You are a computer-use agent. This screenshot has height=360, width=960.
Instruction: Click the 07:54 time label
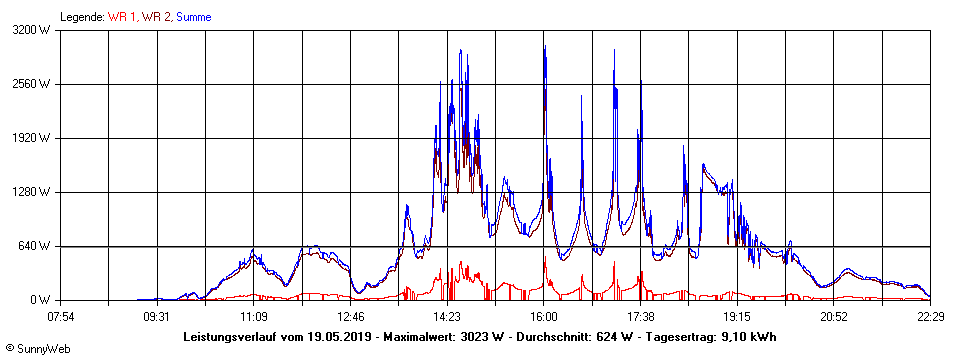(x=61, y=317)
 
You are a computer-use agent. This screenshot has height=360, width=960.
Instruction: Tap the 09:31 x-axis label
(x=157, y=317)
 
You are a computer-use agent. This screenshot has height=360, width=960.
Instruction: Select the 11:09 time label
(x=254, y=317)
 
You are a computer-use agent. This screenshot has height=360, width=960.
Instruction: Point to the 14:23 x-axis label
(x=447, y=317)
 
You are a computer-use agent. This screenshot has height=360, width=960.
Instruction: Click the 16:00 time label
(x=544, y=317)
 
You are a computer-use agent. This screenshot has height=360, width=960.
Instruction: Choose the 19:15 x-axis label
(x=737, y=317)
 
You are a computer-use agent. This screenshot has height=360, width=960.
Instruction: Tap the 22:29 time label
(x=930, y=317)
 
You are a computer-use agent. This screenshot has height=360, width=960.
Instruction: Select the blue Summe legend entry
(x=193, y=17)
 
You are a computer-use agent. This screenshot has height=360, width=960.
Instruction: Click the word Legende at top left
(x=82, y=17)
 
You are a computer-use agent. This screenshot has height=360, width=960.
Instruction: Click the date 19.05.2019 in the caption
(x=340, y=337)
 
